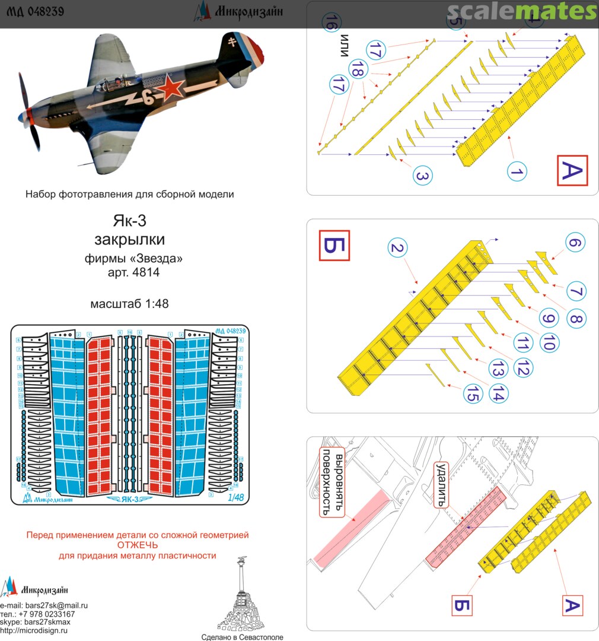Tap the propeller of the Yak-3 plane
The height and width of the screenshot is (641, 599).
coord(27,107)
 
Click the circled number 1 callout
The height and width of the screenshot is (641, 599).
coord(517,172)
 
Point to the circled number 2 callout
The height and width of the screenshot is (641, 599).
coord(398,248)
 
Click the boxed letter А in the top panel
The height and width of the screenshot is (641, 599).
coord(572,172)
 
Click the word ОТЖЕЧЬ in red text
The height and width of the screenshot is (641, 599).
coord(137,545)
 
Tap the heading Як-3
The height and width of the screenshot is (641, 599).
coord(129,221)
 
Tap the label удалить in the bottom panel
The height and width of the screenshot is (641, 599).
coord(440,484)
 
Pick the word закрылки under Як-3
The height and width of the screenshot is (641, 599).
coord(129,239)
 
